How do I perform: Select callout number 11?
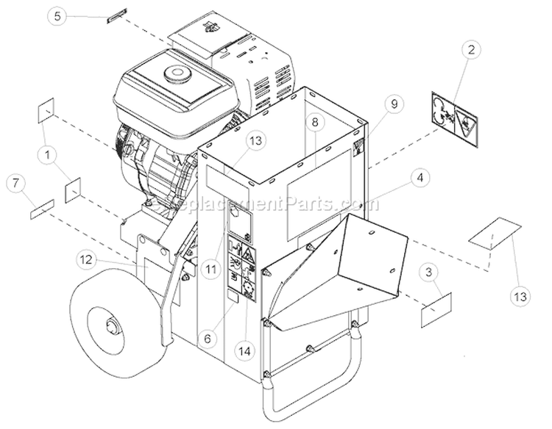pyautogui.click(x=212, y=270)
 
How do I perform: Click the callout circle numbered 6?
pyautogui.click(x=208, y=339)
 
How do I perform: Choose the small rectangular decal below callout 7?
pyautogui.click(x=41, y=212)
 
